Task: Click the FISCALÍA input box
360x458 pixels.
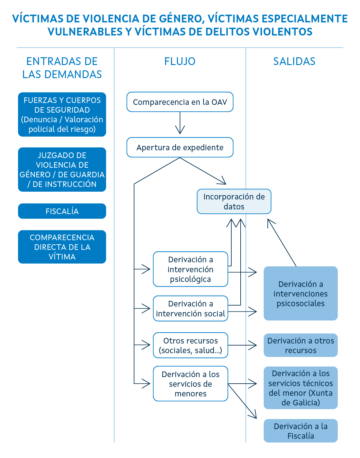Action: [62, 211]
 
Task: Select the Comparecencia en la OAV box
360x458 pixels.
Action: [180, 102]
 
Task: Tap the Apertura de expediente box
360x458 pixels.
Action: [180, 147]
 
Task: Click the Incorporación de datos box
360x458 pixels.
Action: [234, 202]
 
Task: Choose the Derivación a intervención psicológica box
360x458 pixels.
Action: [190, 269]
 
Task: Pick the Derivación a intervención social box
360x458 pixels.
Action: [190, 309]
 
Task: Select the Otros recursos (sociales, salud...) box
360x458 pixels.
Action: [190, 345]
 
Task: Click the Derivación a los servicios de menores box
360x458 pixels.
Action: [190, 384]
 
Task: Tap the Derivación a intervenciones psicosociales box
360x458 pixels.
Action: [300, 293]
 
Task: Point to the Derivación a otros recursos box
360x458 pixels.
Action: [300, 345]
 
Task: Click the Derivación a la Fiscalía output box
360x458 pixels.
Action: [300, 431]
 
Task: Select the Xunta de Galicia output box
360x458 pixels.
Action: [300, 388]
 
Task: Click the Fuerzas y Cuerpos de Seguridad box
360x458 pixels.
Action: [62, 115]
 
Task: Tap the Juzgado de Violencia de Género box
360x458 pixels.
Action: [62, 170]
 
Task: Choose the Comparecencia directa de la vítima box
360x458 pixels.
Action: [62, 247]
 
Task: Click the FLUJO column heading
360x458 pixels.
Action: [180, 61]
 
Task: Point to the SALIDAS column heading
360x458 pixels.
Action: [294, 61]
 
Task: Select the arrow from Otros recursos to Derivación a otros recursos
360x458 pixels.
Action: [242, 345]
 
